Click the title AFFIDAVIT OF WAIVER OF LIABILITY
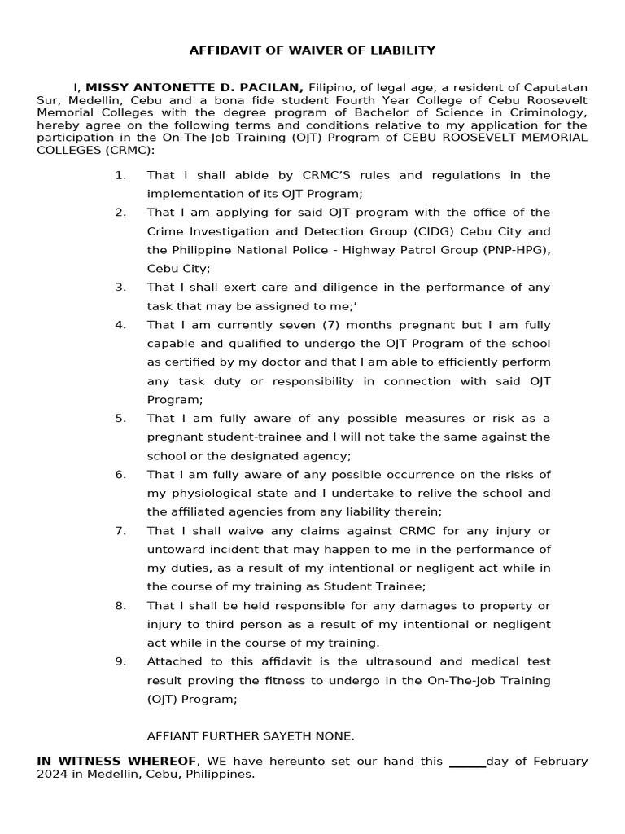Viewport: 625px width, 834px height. click(x=312, y=50)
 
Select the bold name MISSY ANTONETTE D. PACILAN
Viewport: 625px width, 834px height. click(x=194, y=87)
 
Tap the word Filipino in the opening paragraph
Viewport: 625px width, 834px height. click(x=333, y=87)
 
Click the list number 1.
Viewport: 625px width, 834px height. click(x=120, y=175)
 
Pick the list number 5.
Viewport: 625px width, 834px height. click(x=120, y=419)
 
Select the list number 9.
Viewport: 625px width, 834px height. click(x=120, y=661)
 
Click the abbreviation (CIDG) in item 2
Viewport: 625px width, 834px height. click(x=434, y=231)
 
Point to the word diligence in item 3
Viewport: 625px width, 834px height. click(x=342, y=288)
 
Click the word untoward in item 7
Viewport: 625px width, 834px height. click(x=174, y=550)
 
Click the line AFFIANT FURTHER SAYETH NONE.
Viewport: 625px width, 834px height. click(x=251, y=736)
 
